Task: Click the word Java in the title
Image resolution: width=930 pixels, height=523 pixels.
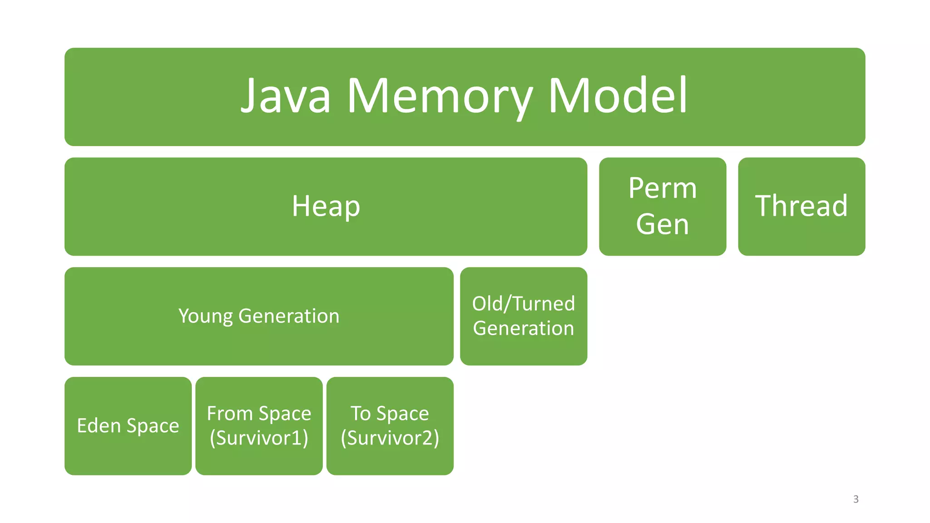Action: pos(286,96)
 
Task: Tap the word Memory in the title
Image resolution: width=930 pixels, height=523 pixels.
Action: pos(440,96)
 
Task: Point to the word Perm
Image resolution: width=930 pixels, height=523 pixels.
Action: pos(662,188)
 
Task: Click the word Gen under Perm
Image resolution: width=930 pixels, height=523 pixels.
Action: pos(662,224)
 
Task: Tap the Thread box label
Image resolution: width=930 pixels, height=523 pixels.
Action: pos(801,206)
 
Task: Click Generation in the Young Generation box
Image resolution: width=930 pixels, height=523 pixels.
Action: pos(289,316)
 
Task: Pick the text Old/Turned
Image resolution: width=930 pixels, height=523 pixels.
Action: pos(523,304)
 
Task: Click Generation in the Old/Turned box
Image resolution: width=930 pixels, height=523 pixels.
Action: pos(523,328)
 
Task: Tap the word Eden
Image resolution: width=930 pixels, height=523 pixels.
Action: pos(99,426)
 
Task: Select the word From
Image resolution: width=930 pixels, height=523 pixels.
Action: pos(229,414)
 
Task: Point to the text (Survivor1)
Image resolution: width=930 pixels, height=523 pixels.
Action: pos(259,438)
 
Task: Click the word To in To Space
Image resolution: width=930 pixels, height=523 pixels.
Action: pos(361,414)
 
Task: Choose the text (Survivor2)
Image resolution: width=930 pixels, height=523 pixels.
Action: pos(390,438)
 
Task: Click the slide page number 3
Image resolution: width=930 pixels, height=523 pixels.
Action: pos(856,499)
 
